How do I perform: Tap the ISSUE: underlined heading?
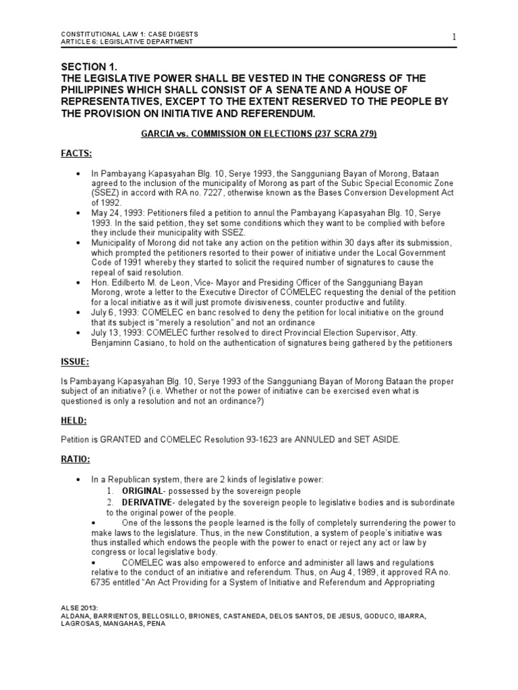76,362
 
